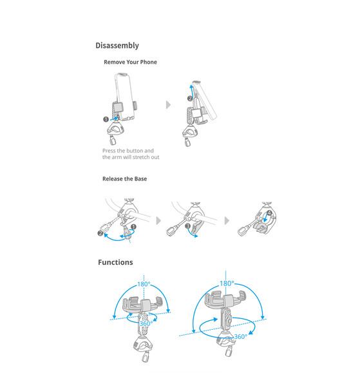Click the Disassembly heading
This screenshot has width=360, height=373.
(x=117, y=46)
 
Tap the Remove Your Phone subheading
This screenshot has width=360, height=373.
(x=130, y=62)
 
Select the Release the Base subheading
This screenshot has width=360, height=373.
(x=124, y=179)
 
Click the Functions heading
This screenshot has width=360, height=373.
(x=115, y=262)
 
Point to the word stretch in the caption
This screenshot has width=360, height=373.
(x=142, y=157)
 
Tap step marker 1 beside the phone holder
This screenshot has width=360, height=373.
(x=106, y=119)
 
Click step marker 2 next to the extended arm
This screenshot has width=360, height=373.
(x=190, y=99)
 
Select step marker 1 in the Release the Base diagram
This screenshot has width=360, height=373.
(x=134, y=227)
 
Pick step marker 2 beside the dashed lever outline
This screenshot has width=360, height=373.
(x=100, y=233)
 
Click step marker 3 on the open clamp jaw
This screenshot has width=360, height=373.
(x=188, y=225)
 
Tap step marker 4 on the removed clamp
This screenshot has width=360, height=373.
(x=269, y=213)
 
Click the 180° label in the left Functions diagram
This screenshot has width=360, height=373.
(x=144, y=284)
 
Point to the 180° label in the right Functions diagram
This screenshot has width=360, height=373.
(x=227, y=283)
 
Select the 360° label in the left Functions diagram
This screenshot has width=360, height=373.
(x=146, y=323)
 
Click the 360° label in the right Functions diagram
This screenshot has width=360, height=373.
(x=241, y=337)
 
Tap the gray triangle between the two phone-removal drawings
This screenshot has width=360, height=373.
(x=168, y=104)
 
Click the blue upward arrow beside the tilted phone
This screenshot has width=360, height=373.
(x=192, y=91)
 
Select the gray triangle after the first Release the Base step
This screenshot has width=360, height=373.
(x=158, y=221)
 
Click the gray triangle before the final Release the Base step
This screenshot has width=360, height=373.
(x=227, y=221)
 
